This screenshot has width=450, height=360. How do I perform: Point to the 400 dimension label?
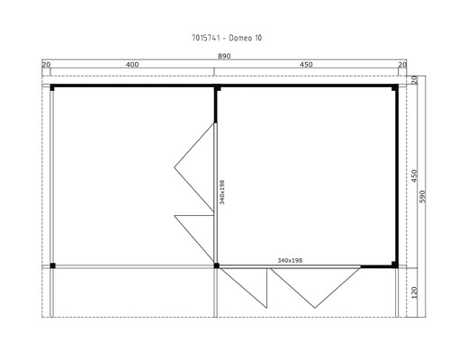coord(132,65)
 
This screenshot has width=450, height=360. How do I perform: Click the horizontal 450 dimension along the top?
coord(306,65)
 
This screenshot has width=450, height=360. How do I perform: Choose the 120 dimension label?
coord(413,292)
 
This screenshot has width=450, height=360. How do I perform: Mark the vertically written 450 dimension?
coord(413,175)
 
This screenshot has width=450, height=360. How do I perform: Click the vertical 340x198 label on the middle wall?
coord(221,191)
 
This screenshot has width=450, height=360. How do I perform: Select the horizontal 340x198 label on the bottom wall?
coord(290,260)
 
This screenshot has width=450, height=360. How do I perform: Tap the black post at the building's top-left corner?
coord(52,88)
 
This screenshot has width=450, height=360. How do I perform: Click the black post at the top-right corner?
coord(395,88)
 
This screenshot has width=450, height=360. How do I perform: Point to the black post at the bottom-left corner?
coord(52,265)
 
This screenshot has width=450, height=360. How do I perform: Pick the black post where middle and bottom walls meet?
coord(217,265)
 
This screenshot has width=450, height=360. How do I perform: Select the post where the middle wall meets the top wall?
coord(217,88)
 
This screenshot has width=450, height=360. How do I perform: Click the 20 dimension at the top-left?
coord(46,65)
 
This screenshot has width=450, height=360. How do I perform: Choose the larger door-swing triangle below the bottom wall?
coord(310,286)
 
